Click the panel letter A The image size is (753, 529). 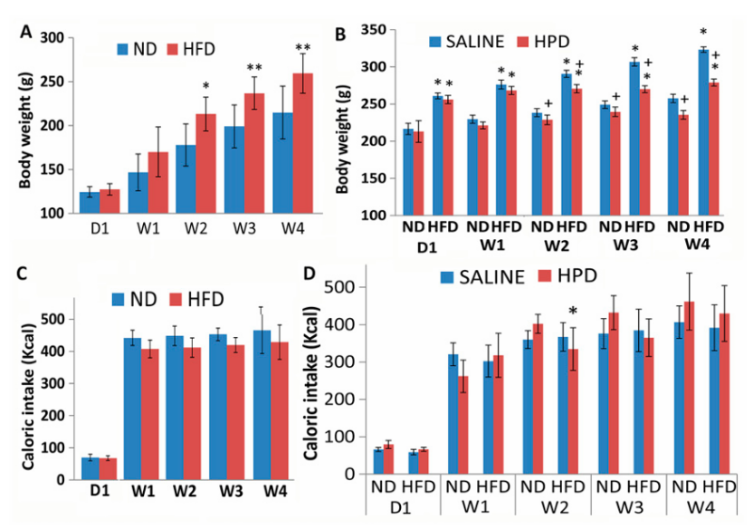pos(27,33)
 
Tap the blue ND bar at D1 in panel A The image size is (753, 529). pos(90,202)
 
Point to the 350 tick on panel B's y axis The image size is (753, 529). pos(376,30)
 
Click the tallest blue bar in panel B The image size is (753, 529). pos(703,132)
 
